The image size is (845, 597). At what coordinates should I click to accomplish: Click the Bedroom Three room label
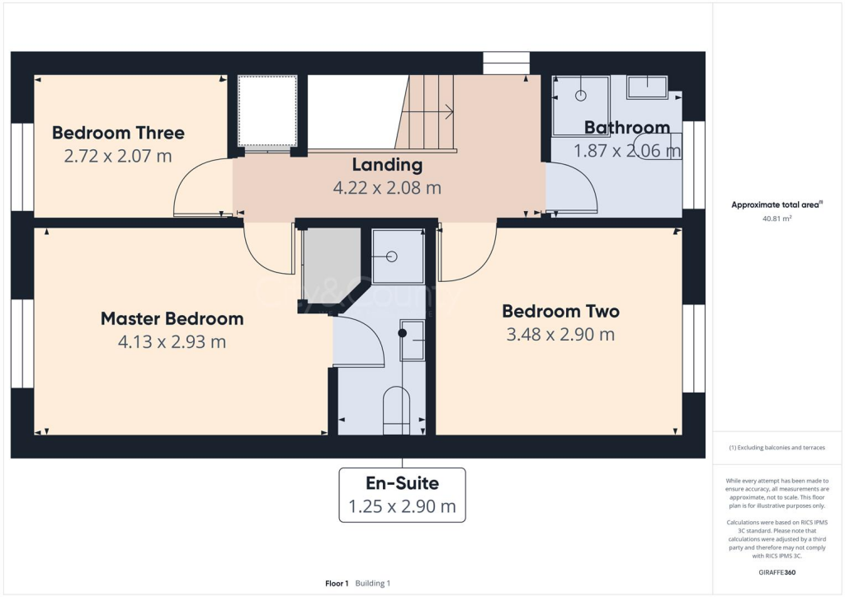click(118, 133)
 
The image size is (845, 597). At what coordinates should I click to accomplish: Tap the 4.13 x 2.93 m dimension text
click(172, 341)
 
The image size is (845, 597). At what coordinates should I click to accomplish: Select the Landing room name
click(387, 165)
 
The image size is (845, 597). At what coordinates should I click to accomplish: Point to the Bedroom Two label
click(560, 312)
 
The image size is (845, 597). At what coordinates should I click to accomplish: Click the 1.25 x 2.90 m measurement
click(402, 506)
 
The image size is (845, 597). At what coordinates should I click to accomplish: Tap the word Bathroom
click(626, 128)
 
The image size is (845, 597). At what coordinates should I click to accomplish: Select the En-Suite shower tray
click(397, 256)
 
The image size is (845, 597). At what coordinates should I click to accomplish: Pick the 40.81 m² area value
click(775, 219)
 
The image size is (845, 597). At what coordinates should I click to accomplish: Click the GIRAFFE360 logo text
click(778, 571)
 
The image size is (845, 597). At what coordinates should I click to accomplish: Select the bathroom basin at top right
click(647, 87)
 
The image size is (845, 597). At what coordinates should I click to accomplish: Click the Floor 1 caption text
click(337, 583)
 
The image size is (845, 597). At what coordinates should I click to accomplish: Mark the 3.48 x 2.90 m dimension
click(560, 335)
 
